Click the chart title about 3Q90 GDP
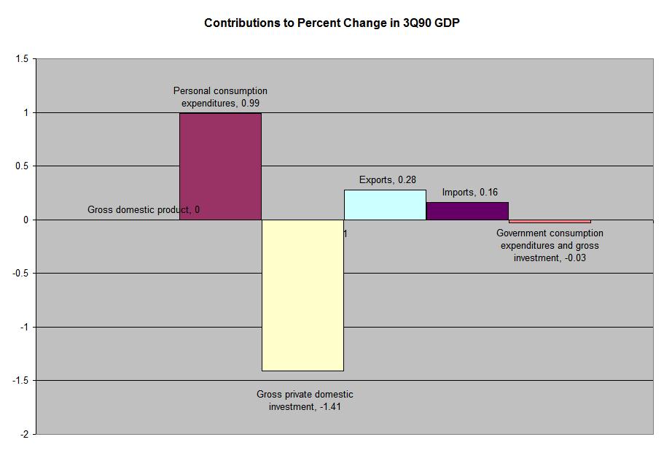point(332,23)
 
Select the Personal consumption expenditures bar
point(220,166)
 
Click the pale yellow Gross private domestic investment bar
point(302,295)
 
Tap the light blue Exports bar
point(385,205)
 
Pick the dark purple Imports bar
point(467,211)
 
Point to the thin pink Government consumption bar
point(550,221)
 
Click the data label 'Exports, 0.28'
point(388,180)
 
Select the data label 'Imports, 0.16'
point(470,193)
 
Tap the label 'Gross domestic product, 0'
point(144,210)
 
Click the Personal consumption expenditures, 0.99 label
point(220,97)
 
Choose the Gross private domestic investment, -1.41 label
point(305,400)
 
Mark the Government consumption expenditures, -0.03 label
point(550,246)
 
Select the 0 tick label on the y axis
point(26,220)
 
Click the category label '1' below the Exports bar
point(345,234)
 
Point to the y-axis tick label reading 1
point(26,113)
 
